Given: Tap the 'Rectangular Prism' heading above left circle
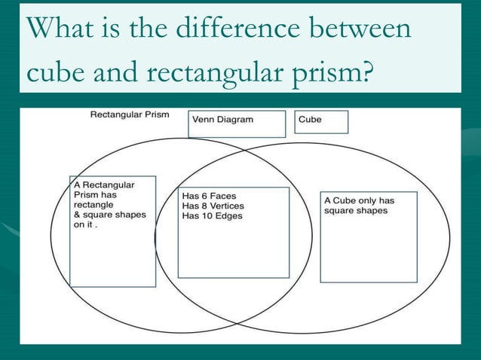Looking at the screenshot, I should click(130, 115).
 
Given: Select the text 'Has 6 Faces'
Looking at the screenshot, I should click(209, 196).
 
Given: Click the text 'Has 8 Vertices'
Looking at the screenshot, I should click(213, 206).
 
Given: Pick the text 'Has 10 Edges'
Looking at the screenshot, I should click(212, 215).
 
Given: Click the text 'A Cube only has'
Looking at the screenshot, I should click(359, 200).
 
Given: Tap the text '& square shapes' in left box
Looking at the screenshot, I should click(109, 214).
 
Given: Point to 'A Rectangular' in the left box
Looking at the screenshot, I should click(104, 185).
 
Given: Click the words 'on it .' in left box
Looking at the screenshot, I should click(86, 224).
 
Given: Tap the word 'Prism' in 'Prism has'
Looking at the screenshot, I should click(86, 194).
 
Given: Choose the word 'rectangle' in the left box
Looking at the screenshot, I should click(93, 204).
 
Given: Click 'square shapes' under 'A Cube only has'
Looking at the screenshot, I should click(356, 210).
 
